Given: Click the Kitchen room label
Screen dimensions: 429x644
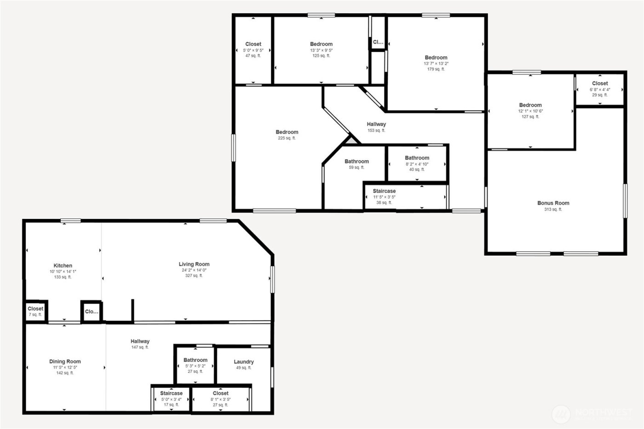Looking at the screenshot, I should (x=63, y=266).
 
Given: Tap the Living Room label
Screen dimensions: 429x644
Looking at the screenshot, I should (x=194, y=264).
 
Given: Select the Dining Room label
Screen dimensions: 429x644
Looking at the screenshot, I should (x=65, y=362).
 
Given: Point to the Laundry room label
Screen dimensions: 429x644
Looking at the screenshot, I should (x=243, y=362).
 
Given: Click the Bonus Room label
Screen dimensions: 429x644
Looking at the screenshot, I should (x=553, y=203).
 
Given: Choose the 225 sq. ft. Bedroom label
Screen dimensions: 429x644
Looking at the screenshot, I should (x=287, y=132).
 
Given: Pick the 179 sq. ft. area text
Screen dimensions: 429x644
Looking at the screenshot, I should (x=436, y=69).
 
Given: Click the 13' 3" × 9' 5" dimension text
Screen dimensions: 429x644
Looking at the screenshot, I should (x=321, y=51).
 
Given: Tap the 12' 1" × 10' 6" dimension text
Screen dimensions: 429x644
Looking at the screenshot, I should (x=530, y=111).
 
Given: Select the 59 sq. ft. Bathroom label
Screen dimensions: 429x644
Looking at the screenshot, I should (x=356, y=162).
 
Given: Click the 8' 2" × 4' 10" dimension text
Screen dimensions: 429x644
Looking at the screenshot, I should (x=417, y=164).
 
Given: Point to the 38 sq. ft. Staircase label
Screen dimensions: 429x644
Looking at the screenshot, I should (x=384, y=191).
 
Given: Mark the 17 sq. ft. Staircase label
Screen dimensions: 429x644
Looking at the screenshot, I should (x=171, y=394).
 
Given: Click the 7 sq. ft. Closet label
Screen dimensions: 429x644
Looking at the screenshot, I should (x=35, y=309).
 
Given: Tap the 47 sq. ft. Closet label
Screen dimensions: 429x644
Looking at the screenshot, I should (x=253, y=45).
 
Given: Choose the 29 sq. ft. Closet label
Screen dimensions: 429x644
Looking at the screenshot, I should (x=600, y=84).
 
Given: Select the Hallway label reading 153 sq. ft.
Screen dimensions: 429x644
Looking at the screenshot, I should (x=376, y=124).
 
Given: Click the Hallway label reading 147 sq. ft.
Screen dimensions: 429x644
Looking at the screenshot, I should (x=140, y=342).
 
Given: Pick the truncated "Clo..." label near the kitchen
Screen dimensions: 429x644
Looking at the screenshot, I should (x=92, y=312).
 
